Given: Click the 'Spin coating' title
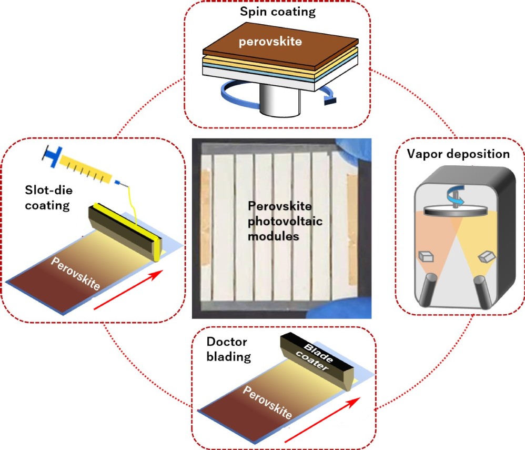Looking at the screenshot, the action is tap(278, 12).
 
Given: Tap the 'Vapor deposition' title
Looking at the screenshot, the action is tap(458, 154).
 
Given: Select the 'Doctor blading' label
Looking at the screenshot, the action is tap(229, 349).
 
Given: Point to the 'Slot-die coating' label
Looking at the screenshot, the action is tap(48, 197).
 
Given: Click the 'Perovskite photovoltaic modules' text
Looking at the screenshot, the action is tap(285, 221).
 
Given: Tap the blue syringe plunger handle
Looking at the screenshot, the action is tap(53, 155).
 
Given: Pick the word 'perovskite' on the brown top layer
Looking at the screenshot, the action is tap(270, 42).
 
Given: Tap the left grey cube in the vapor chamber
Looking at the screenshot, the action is tap(426, 256).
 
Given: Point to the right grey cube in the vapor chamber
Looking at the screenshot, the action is tap(487, 257).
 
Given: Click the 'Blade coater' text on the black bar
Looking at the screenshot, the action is tap(315, 357).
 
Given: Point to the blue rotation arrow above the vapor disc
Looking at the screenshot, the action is tap(455, 195).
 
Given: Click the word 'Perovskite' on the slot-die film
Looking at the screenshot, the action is tap(75, 273).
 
